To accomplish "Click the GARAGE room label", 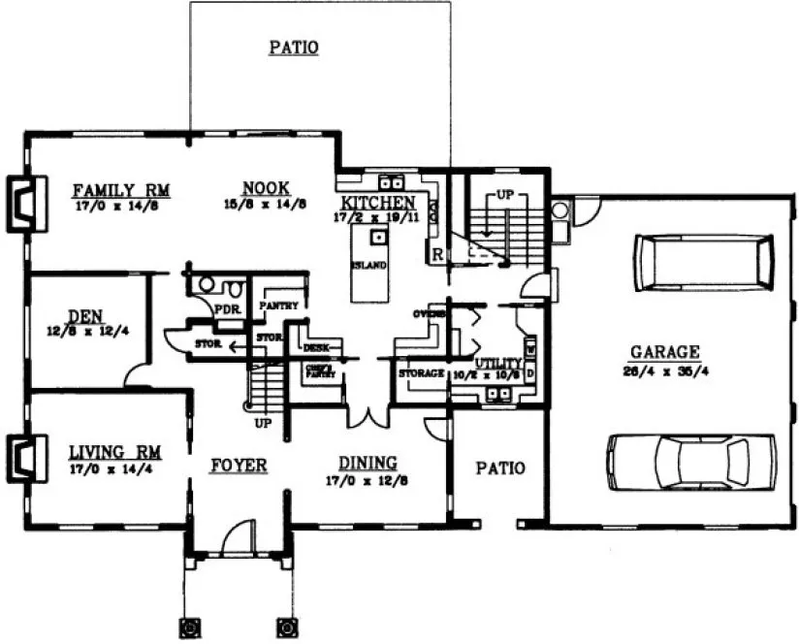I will click(665, 353).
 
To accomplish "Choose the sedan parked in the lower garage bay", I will click(691, 460).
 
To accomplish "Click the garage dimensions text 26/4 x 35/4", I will click(665, 370).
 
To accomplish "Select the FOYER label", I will click(239, 466).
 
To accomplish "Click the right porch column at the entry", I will click(286, 625).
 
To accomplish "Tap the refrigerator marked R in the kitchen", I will click(438, 254).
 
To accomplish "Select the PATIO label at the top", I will click(294, 47).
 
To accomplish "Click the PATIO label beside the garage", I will click(499, 467).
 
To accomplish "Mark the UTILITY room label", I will click(498, 363).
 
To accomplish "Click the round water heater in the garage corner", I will click(559, 209).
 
